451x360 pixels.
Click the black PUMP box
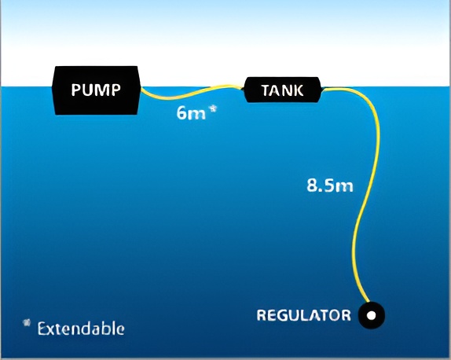pyautogui.click(x=96, y=90)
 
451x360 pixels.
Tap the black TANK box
pyautogui.click(x=282, y=90)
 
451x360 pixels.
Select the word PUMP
pyautogui.click(x=96, y=90)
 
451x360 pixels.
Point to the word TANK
pyautogui.click(x=282, y=90)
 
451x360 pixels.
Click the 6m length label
pyautogui.click(x=191, y=113)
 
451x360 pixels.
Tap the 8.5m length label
pyautogui.click(x=330, y=185)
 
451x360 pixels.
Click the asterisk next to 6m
pyautogui.click(x=213, y=109)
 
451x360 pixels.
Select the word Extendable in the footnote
pyautogui.click(x=81, y=329)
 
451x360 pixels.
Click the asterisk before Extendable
pyautogui.click(x=27, y=322)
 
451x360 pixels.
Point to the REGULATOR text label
pyautogui.click(x=304, y=315)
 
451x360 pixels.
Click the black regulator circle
pyautogui.click(x=372, y=315)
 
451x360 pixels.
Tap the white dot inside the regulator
pyautogui.click(x=372, y=315)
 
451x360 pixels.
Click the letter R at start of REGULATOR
pyautogui.click(x=261, y=315)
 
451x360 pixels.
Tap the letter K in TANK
pyautogui.click(x=299, y=90)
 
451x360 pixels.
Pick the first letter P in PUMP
pyautogui.click(x=76, y=90)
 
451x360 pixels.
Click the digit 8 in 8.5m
pyautogui.click(x=312, y=185)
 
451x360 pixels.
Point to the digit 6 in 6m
pyautogui.click(x=181, y=112)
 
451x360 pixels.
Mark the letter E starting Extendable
pyautogui.click(x=42, y=329)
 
